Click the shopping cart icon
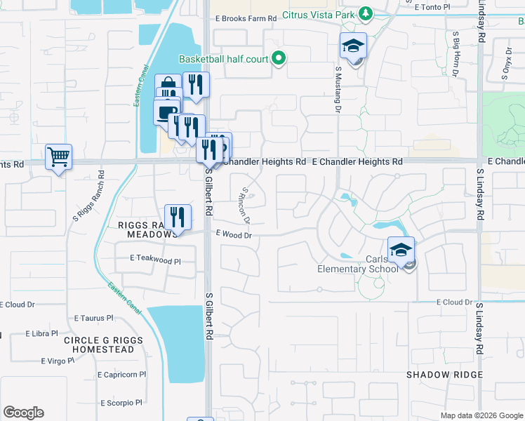59,157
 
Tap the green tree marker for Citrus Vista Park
365,14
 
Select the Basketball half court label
224,59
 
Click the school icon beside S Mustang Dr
353,47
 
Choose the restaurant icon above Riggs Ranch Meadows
178,217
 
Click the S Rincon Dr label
246,203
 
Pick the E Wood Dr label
234,235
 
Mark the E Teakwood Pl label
155,260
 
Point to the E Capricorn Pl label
126,375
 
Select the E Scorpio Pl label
121,403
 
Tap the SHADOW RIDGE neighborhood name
445,375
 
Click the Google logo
23,413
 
